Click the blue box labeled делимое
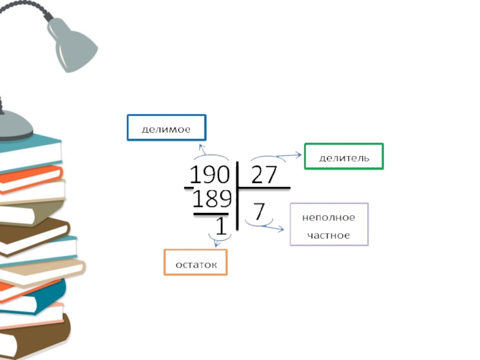pos(166,128)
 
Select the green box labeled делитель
pos(344,157)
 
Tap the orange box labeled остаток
pos(196,263)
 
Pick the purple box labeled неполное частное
pos(329,224)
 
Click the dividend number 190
pos(209,175)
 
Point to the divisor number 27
pos(264,175)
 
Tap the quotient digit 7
pos(259,212)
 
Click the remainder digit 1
pos(221,226)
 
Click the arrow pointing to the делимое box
pos(202,150)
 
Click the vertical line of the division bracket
pos(238,195)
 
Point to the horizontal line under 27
pos(265,188)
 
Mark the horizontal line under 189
pos(211,213)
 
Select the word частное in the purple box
pos(329,235)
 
